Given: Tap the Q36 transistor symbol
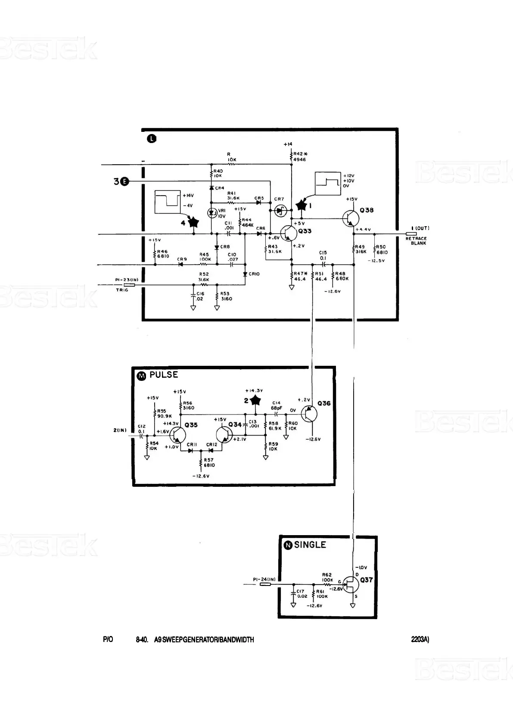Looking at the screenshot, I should pyautogui.click(x=309, y=414).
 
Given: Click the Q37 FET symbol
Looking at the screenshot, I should pyautogui.click(x=351, y=585).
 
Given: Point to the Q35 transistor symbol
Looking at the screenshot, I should pyautogui.click(x=177, y=435).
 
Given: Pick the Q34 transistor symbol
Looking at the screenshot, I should pyautogui.click(x=224, y=435).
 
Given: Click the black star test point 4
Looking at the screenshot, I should pyautogui.click(x=193, y=222).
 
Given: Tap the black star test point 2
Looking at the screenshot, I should pyautogui.click(x=256, y=400).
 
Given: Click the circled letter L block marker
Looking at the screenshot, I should pyautogui.click(x=152, y=139).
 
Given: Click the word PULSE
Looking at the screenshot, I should pyautogui.click(x=164, y=375).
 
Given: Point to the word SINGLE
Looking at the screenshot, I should pyautogui.click(x=310, y=545).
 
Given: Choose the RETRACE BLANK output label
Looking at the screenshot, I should pyautogui.click(x=416, y=241).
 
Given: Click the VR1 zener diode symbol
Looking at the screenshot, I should pyautogui.click(x=211, y=213).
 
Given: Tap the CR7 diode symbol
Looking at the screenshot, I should pyautogui.click(x=281, y=210).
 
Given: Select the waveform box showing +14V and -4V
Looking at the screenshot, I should pyautogui.click(x=168, y=202).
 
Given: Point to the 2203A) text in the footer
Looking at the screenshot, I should pyautogui.click(x=420, y=640).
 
